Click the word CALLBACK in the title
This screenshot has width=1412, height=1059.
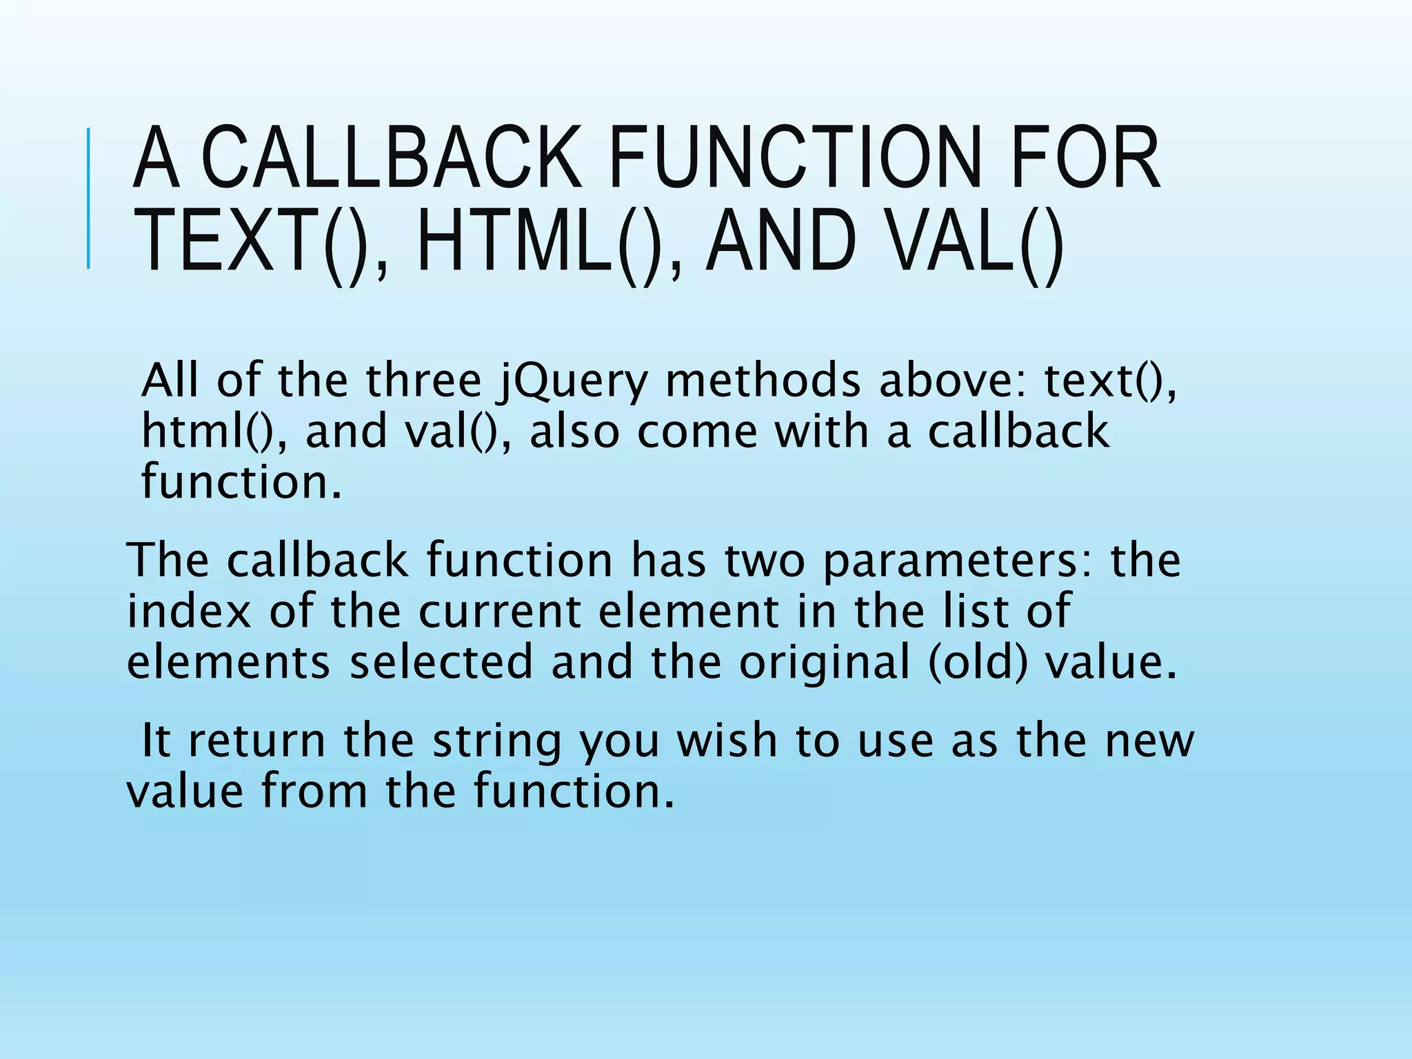[x=391, y=159]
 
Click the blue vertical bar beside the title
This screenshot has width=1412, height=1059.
[x=88, y=199]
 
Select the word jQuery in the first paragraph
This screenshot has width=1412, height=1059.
[x=573, y=381]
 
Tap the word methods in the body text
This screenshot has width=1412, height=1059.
[x=763, y=381]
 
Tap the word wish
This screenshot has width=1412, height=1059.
[x=725, y=740]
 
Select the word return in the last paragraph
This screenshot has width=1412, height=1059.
[x=256, y=742]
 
